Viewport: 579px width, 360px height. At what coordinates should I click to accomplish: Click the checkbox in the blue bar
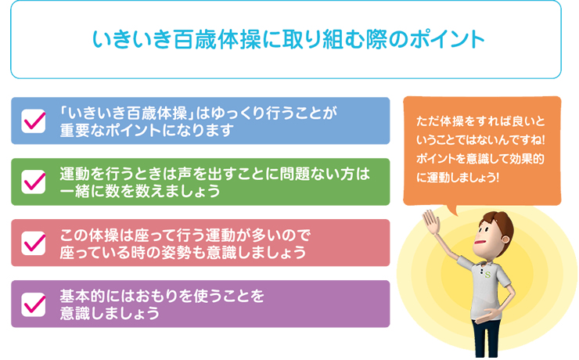(x=34, y=121)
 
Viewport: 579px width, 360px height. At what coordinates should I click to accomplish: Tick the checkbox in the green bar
(x=34, y=182)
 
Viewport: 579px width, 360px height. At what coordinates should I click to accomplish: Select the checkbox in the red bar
(x=34, y=243)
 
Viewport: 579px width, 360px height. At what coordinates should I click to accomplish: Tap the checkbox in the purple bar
(x=34, y=304)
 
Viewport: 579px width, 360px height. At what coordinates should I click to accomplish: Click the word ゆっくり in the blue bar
(x=237, y=113)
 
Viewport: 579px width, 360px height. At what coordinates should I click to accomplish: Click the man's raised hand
(x=431, y=221)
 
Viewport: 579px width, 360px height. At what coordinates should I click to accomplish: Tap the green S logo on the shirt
(x=487, y=275)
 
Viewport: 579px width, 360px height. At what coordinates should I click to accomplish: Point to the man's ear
(x=505, y=239)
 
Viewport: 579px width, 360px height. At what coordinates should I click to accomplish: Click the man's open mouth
(x=480, y=242)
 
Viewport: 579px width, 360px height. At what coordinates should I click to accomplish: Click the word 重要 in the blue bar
(x=75, y=131)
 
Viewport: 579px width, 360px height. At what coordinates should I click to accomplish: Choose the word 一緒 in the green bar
(x=75, y=191)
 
